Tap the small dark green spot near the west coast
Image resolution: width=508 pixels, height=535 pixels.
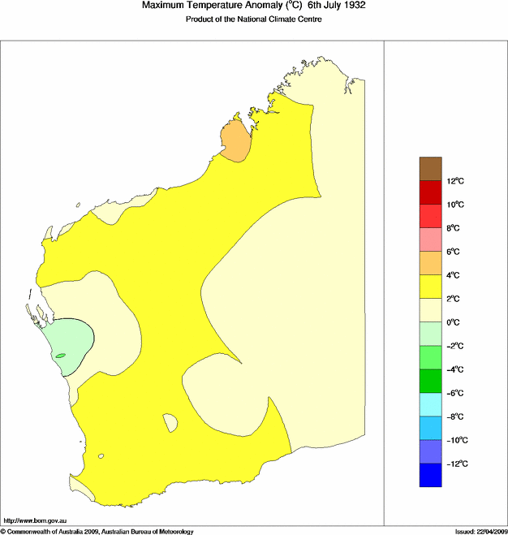60,356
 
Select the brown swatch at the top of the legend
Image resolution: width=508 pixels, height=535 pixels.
430,168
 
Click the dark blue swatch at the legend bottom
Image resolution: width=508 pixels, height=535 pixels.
430,475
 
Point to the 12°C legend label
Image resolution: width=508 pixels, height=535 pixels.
456,180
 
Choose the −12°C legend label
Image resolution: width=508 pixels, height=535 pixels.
458,464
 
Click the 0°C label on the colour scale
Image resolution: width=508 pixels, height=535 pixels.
456,322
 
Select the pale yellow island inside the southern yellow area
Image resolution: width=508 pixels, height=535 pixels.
170,422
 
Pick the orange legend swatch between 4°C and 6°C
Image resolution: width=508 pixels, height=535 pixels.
430,263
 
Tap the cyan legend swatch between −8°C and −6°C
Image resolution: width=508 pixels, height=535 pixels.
430,404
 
